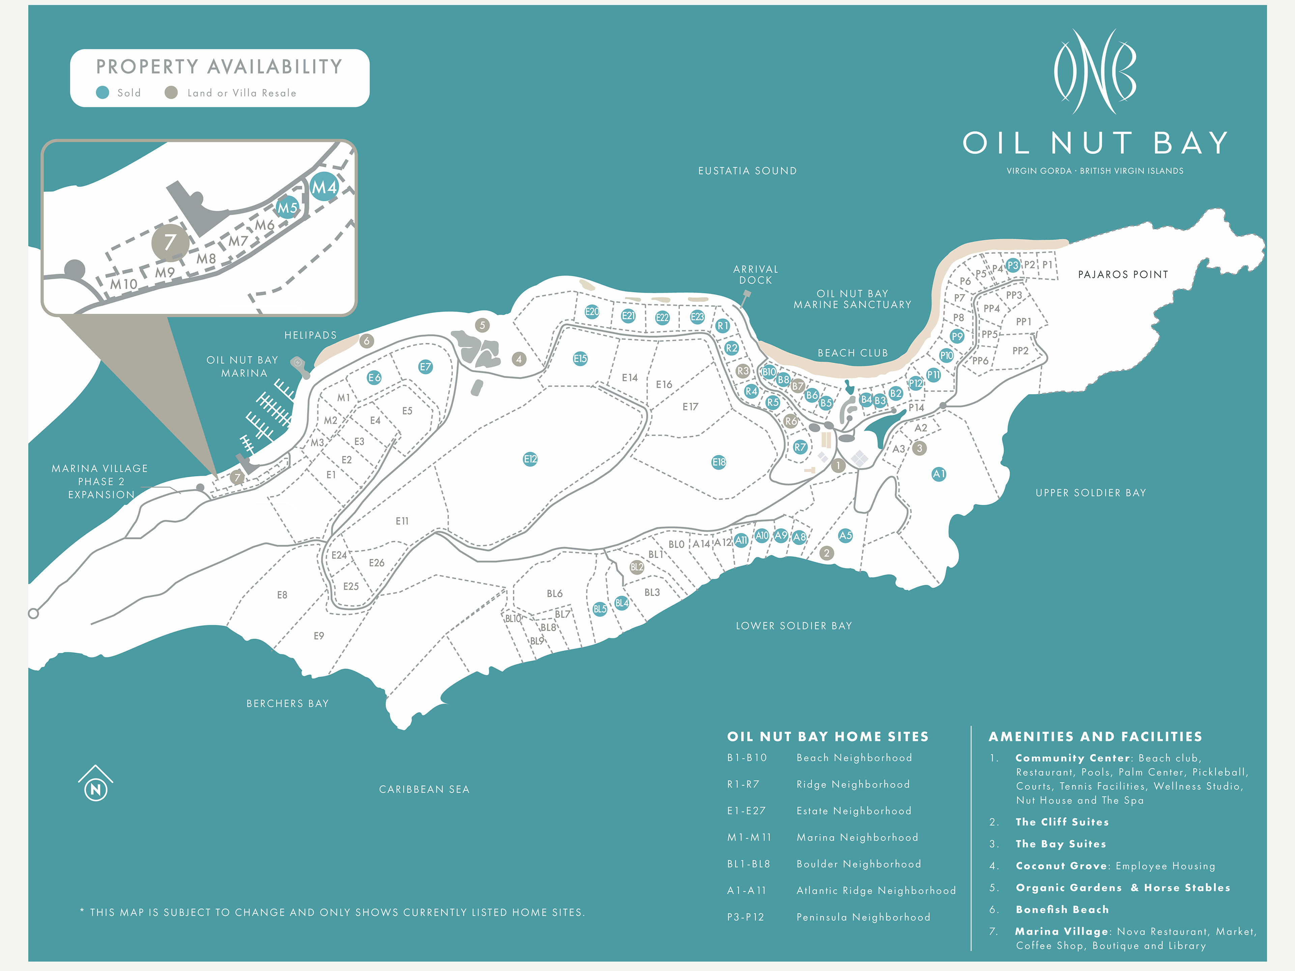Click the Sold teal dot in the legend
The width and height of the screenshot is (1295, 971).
[x=103, y=92]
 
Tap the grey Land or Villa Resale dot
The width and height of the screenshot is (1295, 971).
[x=171, y=92]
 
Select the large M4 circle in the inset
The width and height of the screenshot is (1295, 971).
[x=324, y=187]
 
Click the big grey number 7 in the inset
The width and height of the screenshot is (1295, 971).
[x=170, y=242]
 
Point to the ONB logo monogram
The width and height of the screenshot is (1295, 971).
[x=1095, y=71]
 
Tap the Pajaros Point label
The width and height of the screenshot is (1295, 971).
[x=1123, y=274]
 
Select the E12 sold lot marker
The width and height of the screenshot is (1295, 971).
[x=530, y=460]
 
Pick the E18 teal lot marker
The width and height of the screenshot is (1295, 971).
[x=719, y=462]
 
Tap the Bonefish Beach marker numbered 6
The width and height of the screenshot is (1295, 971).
[x=367, y=341]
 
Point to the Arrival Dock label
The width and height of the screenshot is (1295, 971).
[x=756, y=274]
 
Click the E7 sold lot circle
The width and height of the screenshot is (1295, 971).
[x=426, y=367]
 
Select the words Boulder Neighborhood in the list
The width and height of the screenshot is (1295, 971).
[x=859, y=864]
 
